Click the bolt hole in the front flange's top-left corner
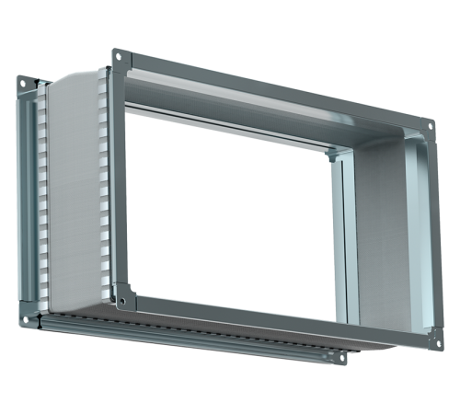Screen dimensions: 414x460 pos(119,57)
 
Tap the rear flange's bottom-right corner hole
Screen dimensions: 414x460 pos(341,357)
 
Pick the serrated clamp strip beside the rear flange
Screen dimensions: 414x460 pos(40,202)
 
